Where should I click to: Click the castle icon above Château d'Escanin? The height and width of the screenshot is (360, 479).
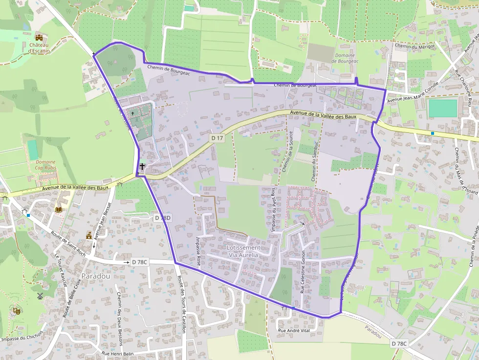(x=39, y=38)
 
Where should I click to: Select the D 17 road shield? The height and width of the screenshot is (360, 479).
(x=218, y=138)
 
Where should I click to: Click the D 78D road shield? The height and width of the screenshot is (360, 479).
(x=163, y=218)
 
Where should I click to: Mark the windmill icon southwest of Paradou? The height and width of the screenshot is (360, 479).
(x=40, y=296)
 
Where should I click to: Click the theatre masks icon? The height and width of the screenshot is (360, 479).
(x=16, y=310)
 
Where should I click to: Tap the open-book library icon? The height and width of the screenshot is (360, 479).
(x=59, y=210)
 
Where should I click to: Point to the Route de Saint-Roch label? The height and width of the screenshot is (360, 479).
(x=68, y=243)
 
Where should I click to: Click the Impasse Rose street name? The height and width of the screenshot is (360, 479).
(x=198, y=252)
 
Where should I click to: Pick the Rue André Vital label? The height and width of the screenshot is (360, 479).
(x=294, y=331)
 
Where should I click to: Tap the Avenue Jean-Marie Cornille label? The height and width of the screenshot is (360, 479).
(x=406, y=93)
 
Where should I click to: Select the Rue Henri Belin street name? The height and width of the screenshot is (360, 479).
(x=118, y=353)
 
